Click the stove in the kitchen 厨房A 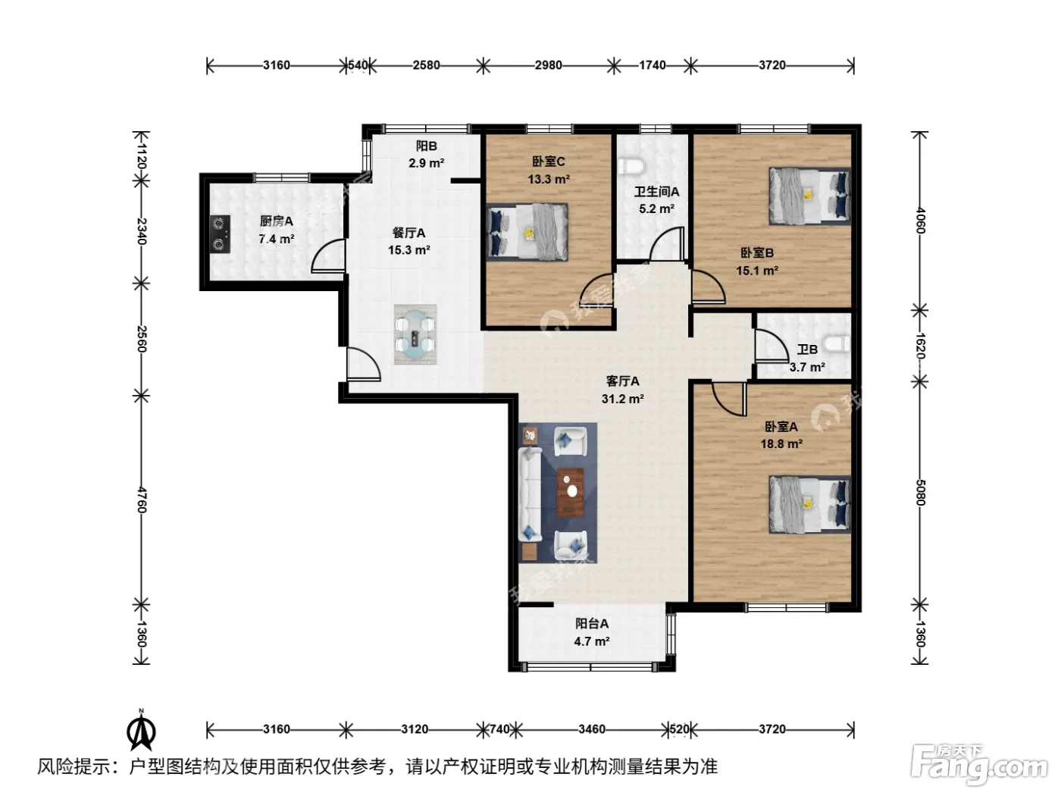(221, 234)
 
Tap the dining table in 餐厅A (415, 334)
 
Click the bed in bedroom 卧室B (809, 196)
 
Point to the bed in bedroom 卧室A (809, 505)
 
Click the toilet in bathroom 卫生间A (631, 166)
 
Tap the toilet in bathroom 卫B (837, 345)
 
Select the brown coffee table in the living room (571, 492)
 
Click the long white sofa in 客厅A (530, 494)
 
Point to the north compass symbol (141, 732)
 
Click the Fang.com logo (979, 765)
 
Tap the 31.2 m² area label (622, 399)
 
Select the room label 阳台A (592, 623)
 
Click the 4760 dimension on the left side (141, 500)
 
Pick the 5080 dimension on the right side (920, 493)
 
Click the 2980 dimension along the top (548, 64)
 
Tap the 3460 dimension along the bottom (592, 729)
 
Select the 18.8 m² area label (781, 443)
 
